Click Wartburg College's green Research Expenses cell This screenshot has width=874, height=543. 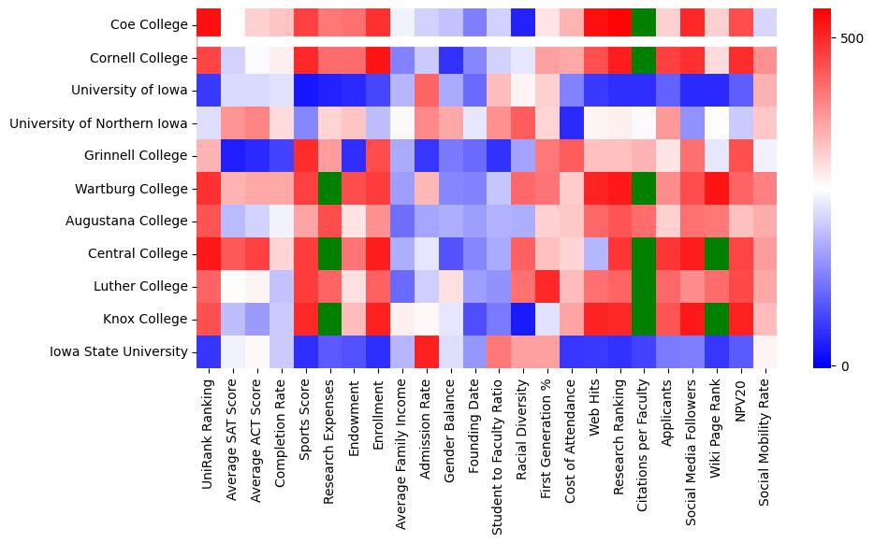pyautogui.click(x=329, y=189)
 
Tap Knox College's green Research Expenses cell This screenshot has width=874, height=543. pyautogui.click(x=329, y=320)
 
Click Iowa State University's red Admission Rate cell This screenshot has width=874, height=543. pyautogui.click(x=427, y=352)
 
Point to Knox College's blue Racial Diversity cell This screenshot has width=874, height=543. pyautogui.click(x=523, y=320)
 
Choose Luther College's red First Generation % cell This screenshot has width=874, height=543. pyautogui.click(x=547, y=287)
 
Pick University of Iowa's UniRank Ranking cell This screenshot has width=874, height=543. pyautogui.click(x=208, y=91)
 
